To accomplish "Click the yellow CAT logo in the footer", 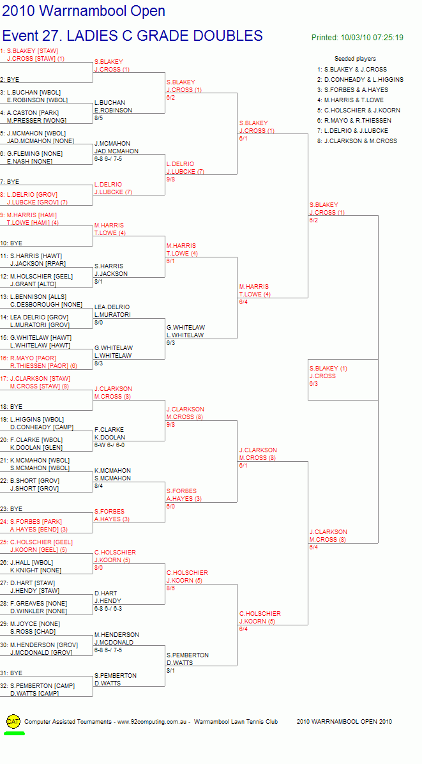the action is (13, 721).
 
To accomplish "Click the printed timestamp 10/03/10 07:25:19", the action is (372, 38).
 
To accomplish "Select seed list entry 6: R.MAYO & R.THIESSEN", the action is (354, 120).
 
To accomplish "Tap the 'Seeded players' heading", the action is (355, 59).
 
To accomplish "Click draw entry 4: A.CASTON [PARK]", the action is (30, 112).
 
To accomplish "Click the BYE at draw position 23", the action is (10, 508).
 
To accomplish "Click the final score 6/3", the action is (314, 384).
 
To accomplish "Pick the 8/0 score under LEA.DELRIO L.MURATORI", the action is (99, 322).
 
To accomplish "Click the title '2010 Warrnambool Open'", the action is (84, 11).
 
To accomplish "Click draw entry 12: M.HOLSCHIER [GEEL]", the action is (36, 276).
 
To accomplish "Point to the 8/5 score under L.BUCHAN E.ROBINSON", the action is (99, 118).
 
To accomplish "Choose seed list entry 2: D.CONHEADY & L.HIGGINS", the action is (360, 79).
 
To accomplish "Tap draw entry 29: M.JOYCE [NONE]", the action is (30, 623).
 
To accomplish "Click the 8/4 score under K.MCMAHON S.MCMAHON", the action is (99, 485).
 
